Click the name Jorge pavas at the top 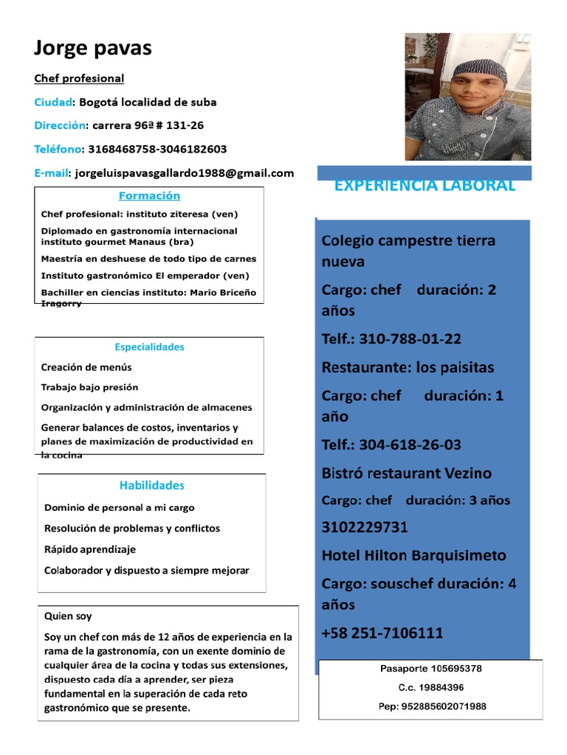coord(93,49)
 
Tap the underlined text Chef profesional coord(79,78)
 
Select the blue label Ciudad coord(53,102)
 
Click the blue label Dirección coord(60,125)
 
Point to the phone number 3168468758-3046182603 coord(157,149)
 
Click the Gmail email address coord(181,173)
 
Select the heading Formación coord(149,196)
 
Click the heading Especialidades coord(149,347)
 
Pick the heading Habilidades coord(151,485)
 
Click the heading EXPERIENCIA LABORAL coord(425,186)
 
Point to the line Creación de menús coord(86,367)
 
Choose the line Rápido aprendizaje coord(90,549)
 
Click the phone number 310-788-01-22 coord(391,339)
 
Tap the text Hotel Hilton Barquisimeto coord(413,555)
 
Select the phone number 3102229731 coord(365,528)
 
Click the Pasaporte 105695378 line coord(431,669)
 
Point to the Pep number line coord(431,706)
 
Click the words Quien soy coord(68,616)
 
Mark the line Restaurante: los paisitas coord(408,367)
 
